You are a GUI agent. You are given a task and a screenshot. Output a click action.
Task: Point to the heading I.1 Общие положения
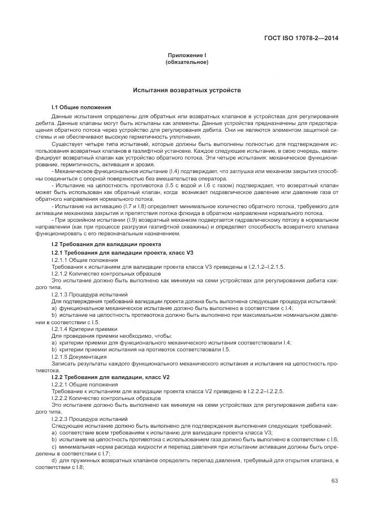[81, 107]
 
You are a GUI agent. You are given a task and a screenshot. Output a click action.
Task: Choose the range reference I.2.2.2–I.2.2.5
[265, 391]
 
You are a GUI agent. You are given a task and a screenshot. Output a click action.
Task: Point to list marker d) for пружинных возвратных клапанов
[54, 461]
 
